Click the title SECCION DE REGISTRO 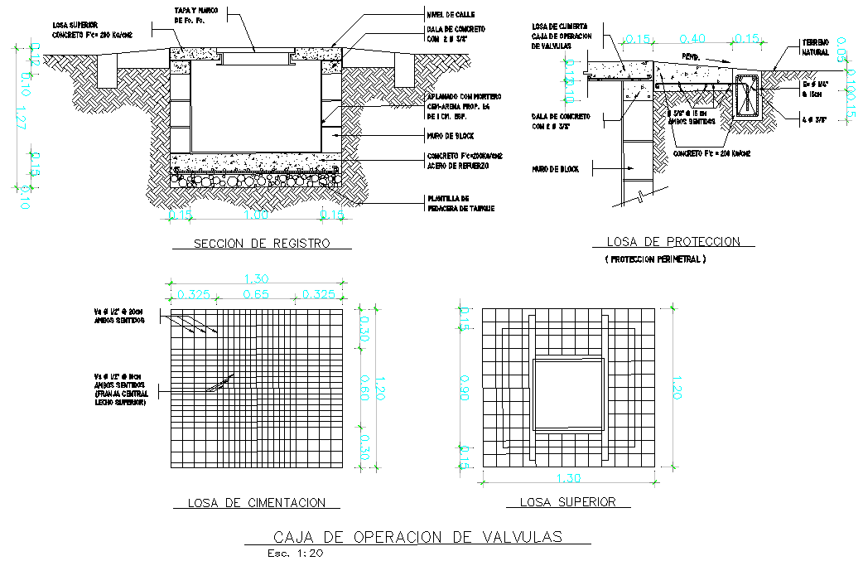point(261,244)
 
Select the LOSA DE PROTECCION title point(673,242)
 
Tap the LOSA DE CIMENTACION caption point(256,502)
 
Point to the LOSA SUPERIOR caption point(567,501)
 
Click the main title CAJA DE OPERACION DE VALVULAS point(417,537)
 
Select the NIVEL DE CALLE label point(452,14)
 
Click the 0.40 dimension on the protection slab point(693,38)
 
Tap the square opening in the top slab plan point(567,394)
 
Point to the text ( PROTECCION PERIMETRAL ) point(655,259)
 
